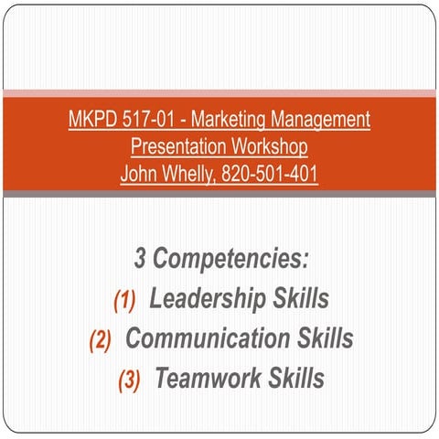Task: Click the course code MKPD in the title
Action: tap(91, 120)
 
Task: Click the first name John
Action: tap(140, 173)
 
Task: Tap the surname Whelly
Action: tap(191, 173)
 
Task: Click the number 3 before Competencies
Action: tap(141, 259)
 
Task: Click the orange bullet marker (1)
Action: tap(123, 300)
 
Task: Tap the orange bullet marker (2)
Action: tap(100, 340)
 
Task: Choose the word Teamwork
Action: tap(208, 379)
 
